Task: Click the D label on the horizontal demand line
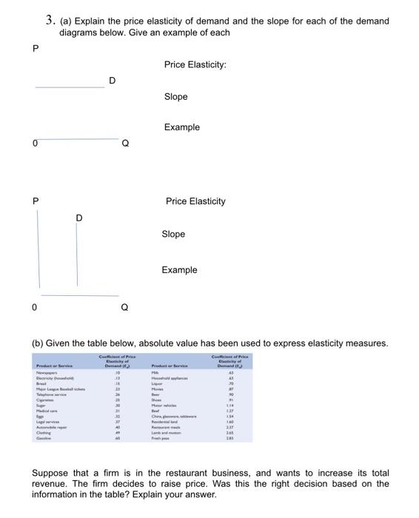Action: point(112,79)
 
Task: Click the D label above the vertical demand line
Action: point(79,217)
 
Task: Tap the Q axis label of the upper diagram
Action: point(125,144)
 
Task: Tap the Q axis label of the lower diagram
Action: point(124,307)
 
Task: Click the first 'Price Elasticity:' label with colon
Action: point(195,65)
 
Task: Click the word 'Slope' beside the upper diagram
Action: point(175,97)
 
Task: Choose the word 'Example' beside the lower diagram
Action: point(179,270)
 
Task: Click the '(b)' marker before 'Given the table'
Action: point(37,343)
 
